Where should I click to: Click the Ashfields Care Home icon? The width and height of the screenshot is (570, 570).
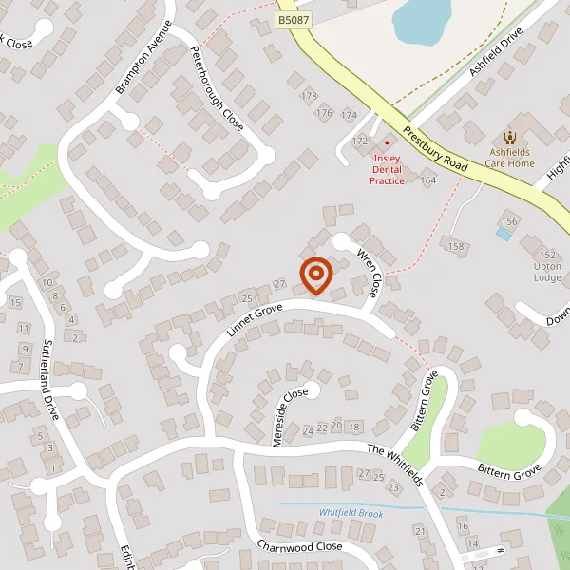[x=510, y=137]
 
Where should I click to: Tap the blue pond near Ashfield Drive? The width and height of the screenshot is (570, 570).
[x=422, y=19]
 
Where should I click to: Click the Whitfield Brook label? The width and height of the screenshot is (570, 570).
[x=351, y=513]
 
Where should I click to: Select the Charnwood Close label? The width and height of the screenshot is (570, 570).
[x=298, y=546]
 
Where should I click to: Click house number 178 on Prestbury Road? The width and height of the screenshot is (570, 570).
[x=309, y=96]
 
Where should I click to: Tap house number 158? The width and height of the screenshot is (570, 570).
[x=458, y=247]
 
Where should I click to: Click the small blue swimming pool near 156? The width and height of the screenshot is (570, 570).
[x=503, y=233]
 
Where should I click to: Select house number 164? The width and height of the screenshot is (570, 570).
[x=428, y=180]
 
